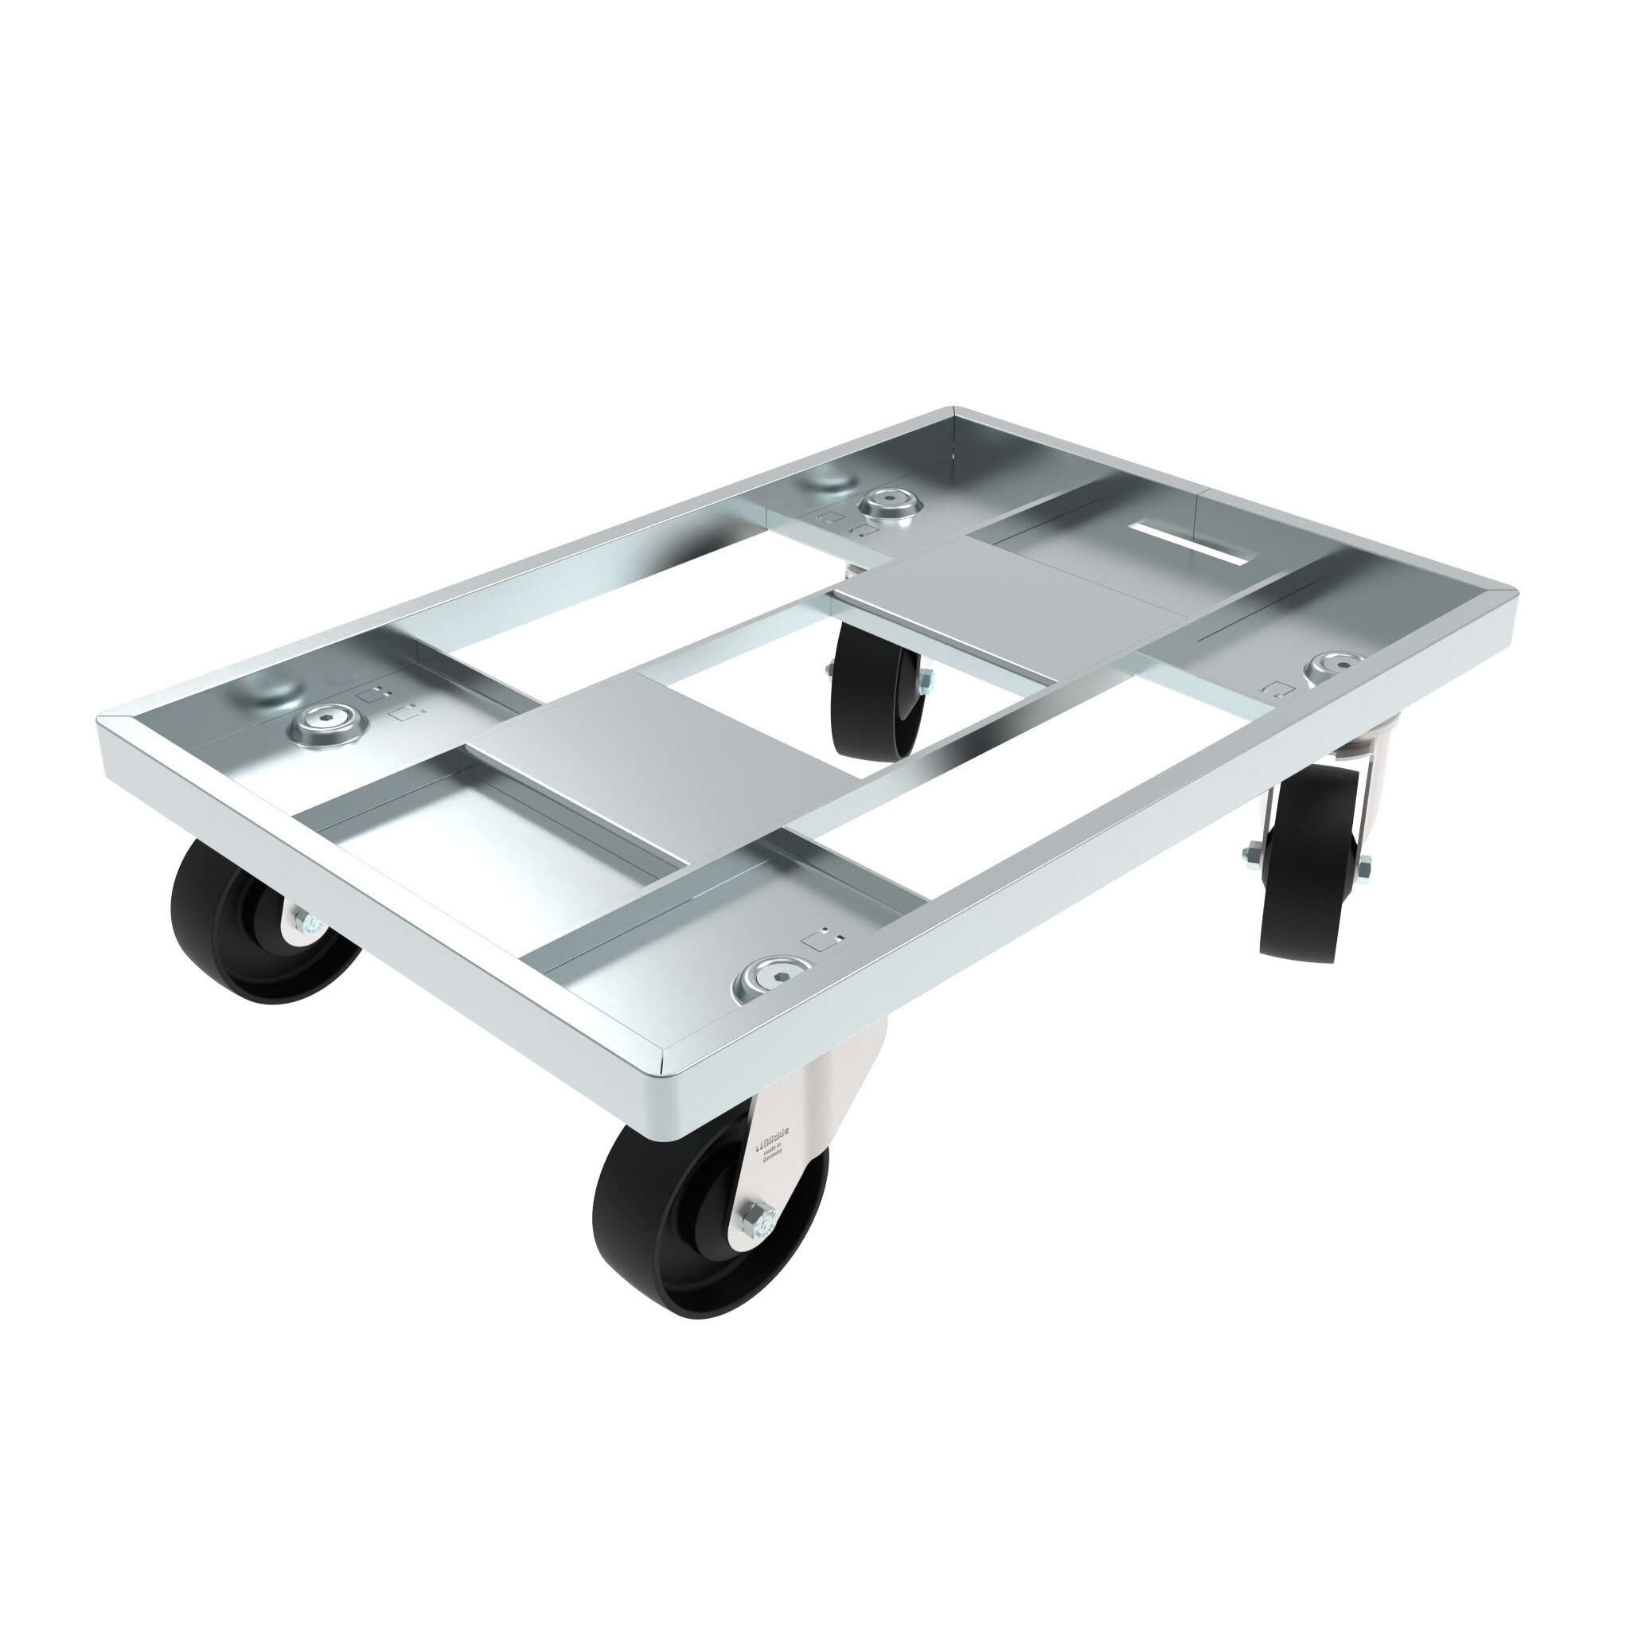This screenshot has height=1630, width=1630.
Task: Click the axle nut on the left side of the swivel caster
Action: [x=1250, y=856]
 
